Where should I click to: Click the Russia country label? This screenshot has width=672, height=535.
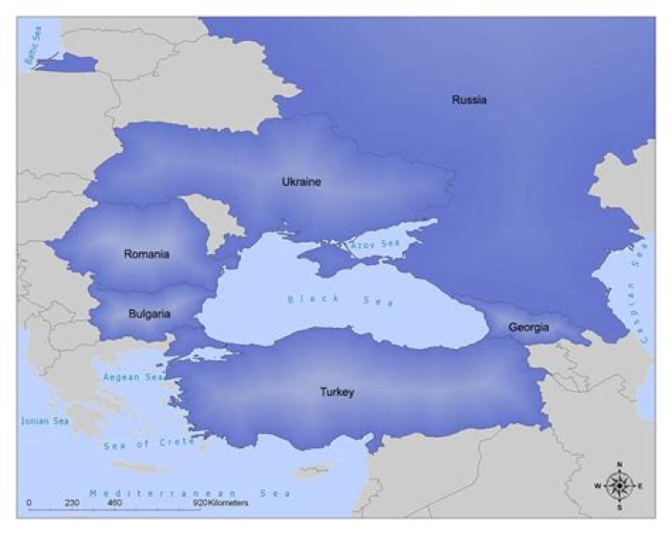click(x=469, y=100)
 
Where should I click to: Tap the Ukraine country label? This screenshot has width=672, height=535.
click(x=301, y=182)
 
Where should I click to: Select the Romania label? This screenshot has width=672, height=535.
click(x=147, y=254)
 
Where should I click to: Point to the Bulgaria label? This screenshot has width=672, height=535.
click(x=148, y=315)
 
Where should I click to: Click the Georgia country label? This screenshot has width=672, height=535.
click(x=528, y=328)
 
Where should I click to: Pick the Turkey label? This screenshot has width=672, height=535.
click(x=337, y=392)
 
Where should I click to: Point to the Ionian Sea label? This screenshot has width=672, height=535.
click(x=45, y=421)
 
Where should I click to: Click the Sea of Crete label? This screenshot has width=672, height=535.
click(x=149, y=443)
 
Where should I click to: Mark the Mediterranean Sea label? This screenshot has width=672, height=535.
click(x=190, y=492)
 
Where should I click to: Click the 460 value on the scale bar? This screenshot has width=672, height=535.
click(x=114, y=503)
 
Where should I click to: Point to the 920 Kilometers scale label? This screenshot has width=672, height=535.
click(x=220, y=503)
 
